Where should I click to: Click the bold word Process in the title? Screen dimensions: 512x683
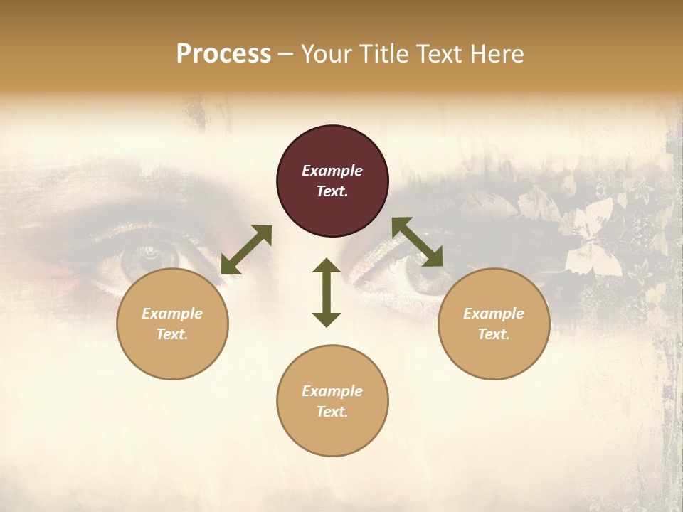[223, 54]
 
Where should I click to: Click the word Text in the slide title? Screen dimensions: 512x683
[442, 54]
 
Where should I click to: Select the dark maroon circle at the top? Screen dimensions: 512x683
[332, 181]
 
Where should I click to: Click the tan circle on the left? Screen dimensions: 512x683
[172, 324]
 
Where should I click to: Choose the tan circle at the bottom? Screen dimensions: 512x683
[332, 400]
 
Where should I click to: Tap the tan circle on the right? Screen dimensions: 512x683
[494, 324]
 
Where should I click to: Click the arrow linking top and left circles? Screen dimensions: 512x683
[246, 250]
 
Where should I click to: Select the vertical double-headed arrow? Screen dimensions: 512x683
[327, 292]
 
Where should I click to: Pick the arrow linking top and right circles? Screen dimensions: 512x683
[418, 242]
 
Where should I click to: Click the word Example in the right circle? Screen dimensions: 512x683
[494, 314]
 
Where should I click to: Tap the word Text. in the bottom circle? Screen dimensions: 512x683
[332, 412]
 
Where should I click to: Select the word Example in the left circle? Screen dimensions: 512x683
[172, 314]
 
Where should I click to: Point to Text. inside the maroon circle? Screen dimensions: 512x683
[332, 191]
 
